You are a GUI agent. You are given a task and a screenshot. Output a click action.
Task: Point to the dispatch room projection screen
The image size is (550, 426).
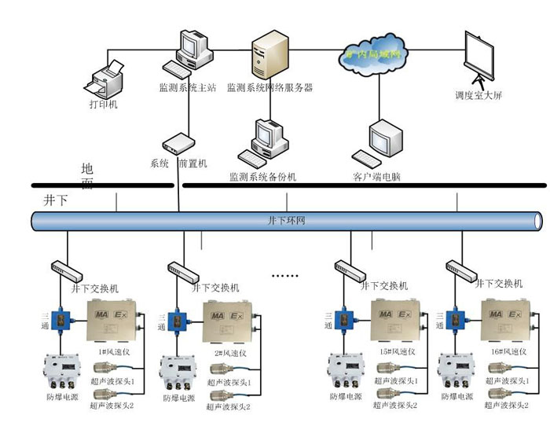478,58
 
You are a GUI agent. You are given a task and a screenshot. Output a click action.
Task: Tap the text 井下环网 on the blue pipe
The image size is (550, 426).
286,221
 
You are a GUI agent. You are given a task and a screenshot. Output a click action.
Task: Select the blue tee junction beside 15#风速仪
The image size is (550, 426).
340,320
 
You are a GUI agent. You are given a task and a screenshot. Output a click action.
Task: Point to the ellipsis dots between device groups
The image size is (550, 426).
284,276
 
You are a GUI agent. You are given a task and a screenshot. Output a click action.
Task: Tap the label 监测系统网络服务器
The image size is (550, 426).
269,88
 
